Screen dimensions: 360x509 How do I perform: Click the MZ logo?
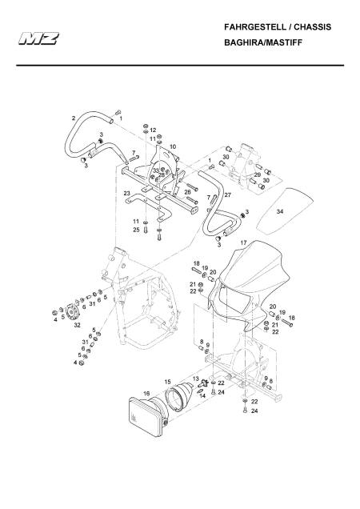point(38,38)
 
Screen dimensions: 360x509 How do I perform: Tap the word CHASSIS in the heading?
point(313,27)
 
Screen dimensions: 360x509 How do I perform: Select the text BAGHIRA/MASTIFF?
point(263,42)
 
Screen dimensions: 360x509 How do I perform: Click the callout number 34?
point(280,211)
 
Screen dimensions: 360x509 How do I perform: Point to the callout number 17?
point(243,242)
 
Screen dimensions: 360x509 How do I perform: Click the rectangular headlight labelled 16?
point(148,416)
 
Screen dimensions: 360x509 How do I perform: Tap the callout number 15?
point(167,382)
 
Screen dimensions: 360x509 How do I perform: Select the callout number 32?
point(77,325)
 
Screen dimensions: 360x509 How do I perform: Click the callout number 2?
point(74,118)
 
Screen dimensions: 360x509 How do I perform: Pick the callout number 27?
point(227,195)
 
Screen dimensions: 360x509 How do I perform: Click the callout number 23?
point(127,194)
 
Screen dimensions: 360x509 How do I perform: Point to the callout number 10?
point(173,146)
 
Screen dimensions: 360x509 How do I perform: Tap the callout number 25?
point(136,230)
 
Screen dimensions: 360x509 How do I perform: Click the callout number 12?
point(153,130)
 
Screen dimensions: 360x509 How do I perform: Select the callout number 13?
point(195,379)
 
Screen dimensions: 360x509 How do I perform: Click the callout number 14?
point(202,396)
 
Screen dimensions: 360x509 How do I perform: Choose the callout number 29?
point(257,174)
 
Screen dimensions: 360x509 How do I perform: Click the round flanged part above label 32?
point(71,311)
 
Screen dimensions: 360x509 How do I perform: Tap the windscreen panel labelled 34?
point(286,211)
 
